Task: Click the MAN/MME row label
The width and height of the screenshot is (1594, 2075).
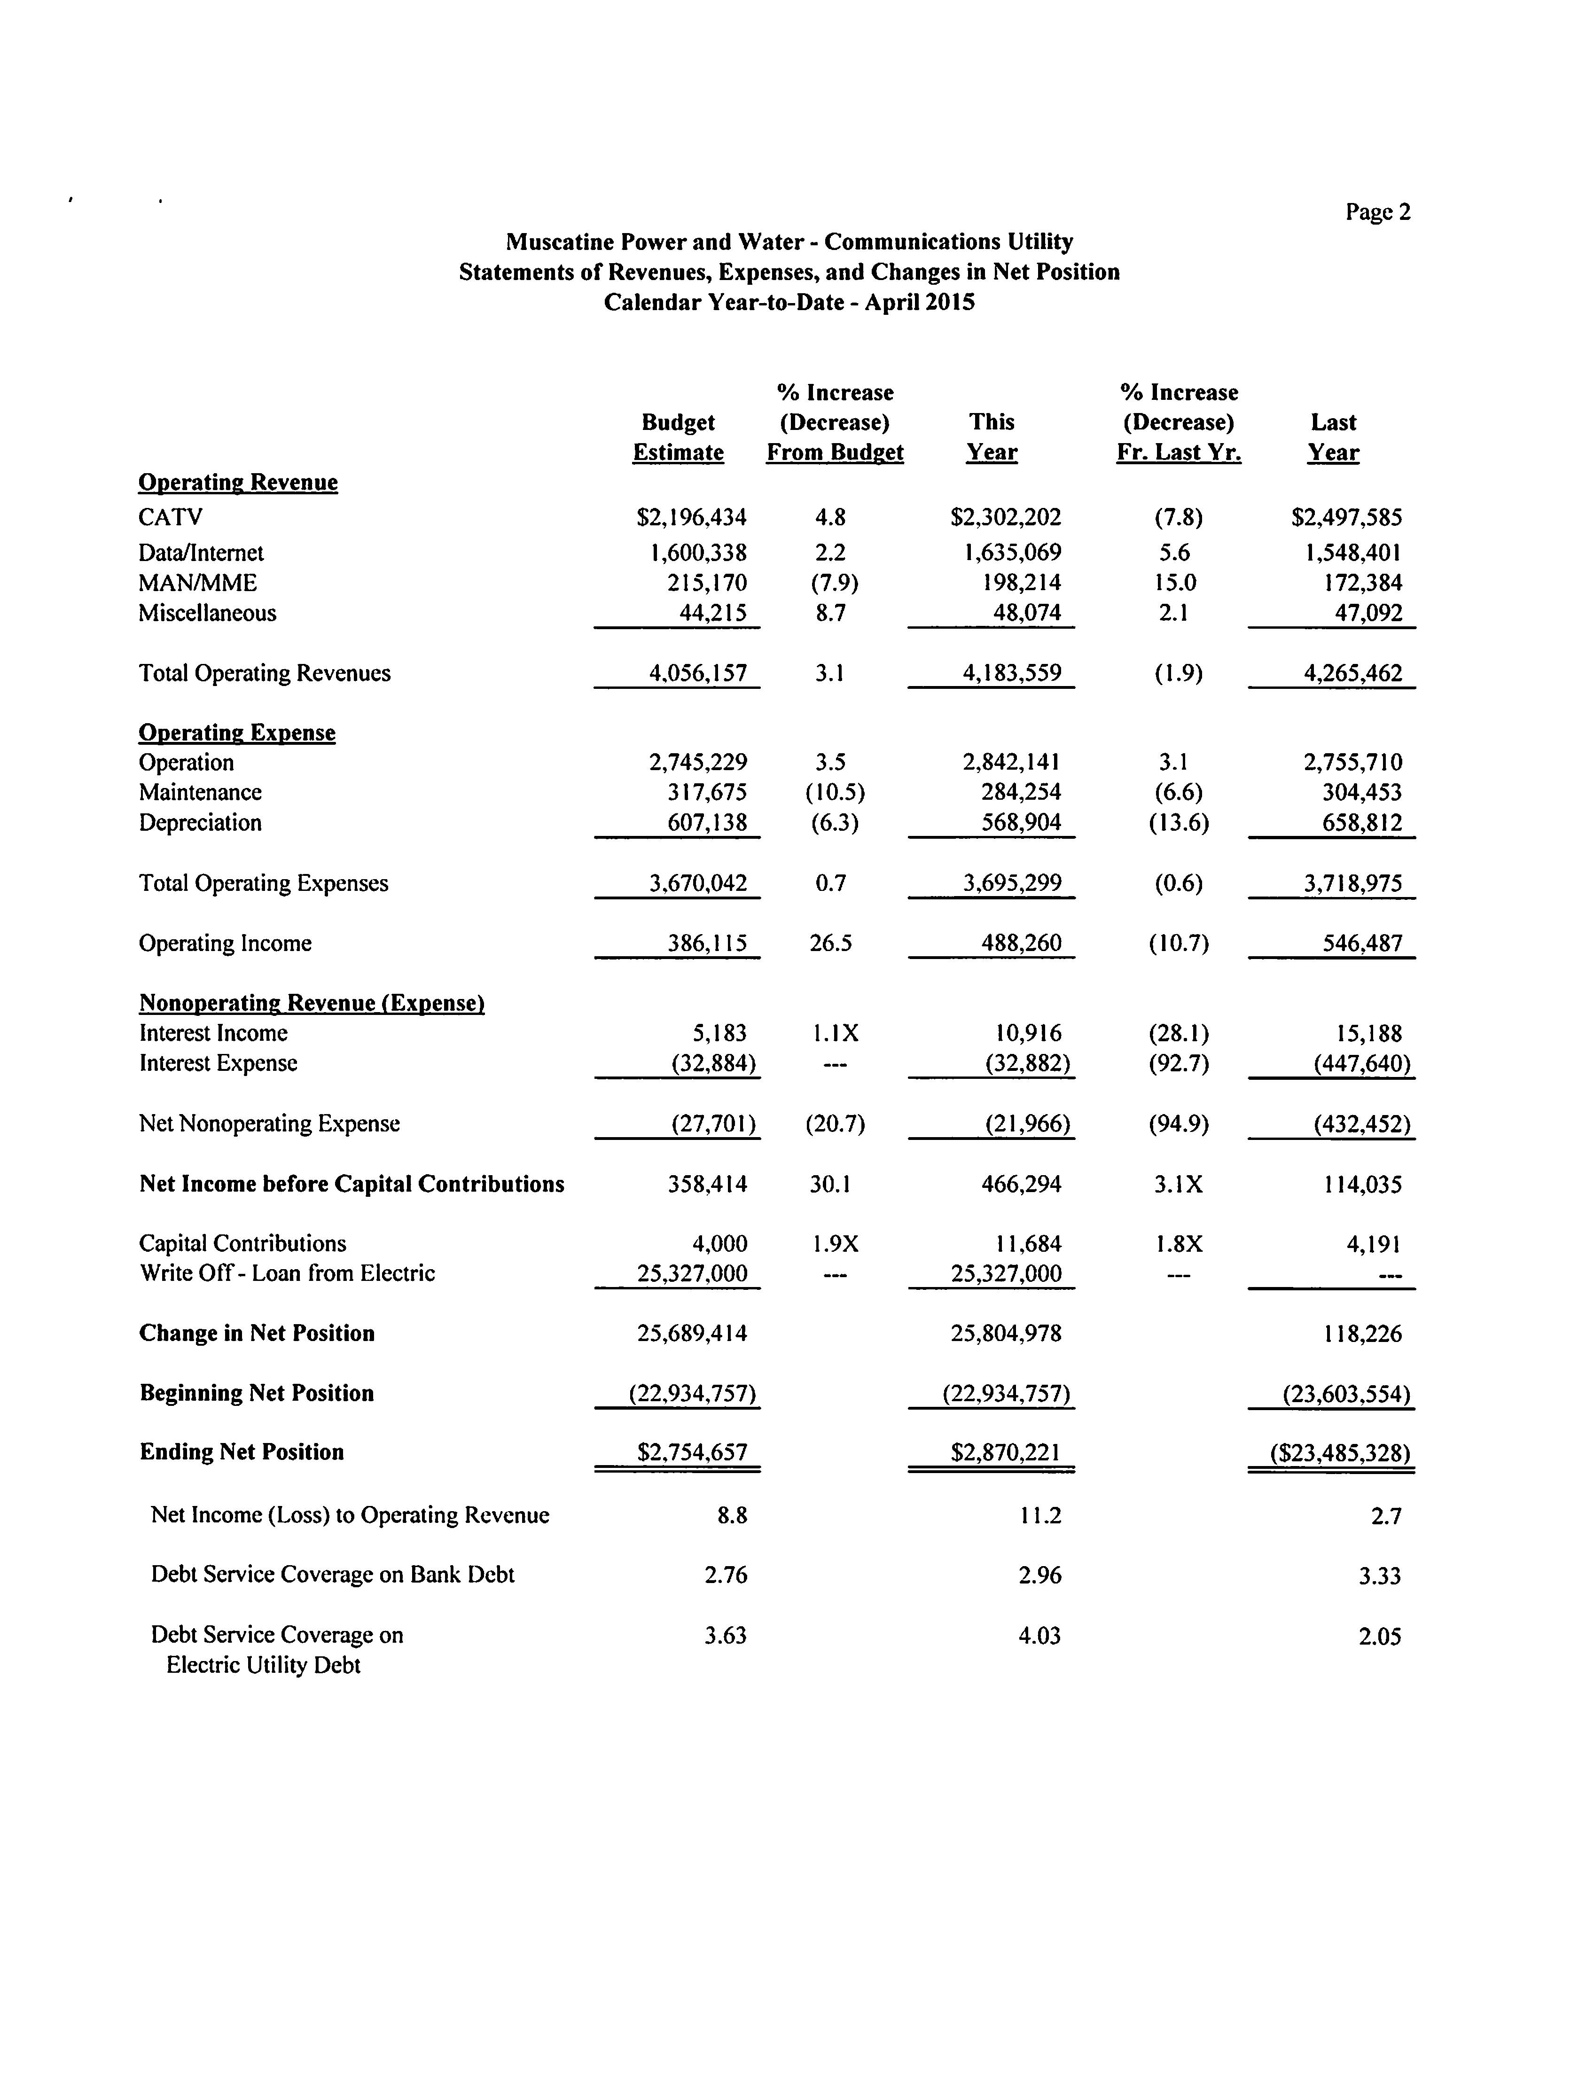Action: pos(197,583)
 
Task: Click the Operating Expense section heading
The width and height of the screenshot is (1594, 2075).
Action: pos(237,733)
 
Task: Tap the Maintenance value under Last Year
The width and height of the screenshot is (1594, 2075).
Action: pos(1361,792)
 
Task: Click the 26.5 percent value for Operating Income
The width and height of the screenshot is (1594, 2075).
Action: pos(830,943)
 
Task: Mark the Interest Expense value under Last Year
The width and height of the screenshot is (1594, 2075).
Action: pos(1361,1064)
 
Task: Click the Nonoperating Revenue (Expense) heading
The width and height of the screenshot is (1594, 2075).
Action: pos(312,1003)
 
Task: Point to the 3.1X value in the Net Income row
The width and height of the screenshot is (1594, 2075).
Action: pos(1179,1184)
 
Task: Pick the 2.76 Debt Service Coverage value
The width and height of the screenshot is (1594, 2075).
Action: pos(726,1575)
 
